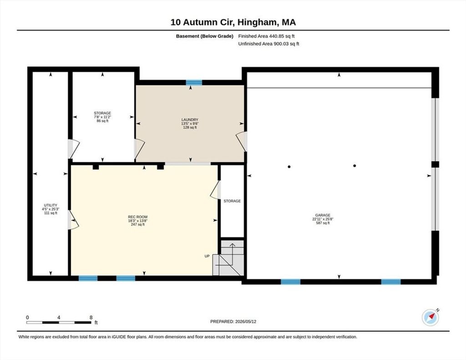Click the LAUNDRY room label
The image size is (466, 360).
coord(190,120)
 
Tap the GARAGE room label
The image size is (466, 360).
coord(323,215)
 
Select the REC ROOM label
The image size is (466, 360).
coord(137,217)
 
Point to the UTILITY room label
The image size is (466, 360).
coord(51,205)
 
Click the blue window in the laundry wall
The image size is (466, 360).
coord(194,83)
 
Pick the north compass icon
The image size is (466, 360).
coord(431,317)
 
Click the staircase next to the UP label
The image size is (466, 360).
coord(228,258)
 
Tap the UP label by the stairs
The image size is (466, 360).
coord(207,256)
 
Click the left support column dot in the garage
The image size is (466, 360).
coord(289,167)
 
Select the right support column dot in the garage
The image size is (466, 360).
coord(355,166)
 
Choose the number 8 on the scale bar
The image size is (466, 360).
coord(91,317)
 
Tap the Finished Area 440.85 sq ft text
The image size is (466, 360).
coord(267,36)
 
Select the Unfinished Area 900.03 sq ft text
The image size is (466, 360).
coord(268,44)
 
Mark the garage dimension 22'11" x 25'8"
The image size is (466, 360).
coord(323,219)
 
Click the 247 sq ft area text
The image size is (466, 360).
coord(137,224)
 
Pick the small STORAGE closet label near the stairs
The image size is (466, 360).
coord(232,201)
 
